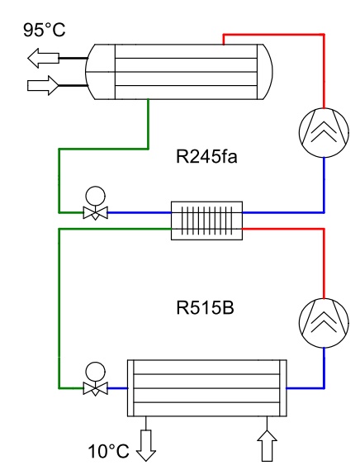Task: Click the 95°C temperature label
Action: tap(45, 30)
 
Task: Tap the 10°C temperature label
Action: tap(108, 451)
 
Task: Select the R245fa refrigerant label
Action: tap(206, 156)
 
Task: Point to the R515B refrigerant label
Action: tap(205, 308)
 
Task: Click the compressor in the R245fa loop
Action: tap(324, 132)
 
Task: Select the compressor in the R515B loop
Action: tap(324, 323)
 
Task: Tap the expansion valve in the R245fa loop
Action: tap(95, 203)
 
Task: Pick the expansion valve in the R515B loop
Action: tap(95, 379)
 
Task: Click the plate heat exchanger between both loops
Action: tap(206, 221)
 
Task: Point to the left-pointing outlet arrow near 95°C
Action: tap(43, 58)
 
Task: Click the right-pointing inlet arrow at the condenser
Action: tap(43, 85)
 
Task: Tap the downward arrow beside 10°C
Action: tap(146, 445)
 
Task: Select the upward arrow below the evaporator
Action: tap(267, 445)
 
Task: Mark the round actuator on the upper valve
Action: tap(95, 196)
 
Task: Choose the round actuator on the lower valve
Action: tap(95, 372)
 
